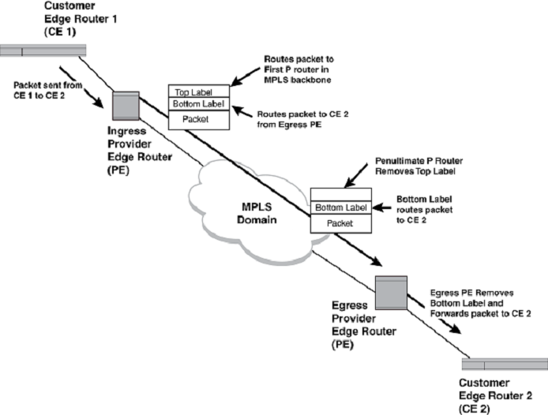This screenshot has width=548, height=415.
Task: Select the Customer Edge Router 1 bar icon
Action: point(43,51)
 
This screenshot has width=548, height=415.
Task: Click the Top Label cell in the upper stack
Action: point(199,92)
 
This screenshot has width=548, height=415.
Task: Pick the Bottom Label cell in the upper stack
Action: point(199,103)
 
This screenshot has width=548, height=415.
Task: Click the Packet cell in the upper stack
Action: point(199,118)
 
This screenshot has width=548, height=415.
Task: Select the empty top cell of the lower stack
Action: point(340,194)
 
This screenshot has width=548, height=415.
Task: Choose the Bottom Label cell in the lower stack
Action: point(340,207)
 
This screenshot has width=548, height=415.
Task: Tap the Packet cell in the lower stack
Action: point(340,223)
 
